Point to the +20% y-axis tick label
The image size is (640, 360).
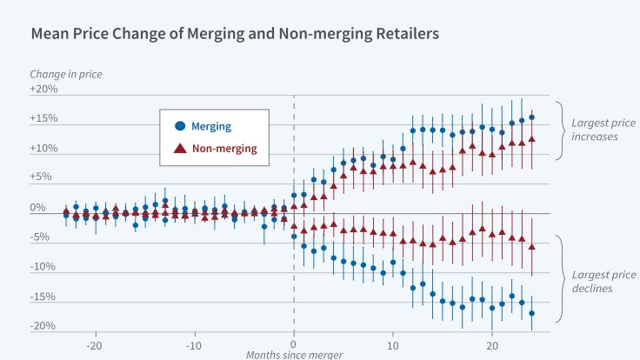(x=43, y=90)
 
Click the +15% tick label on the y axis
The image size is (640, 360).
(x=43, y=119)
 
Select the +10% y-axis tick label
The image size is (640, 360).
(x=43, y=149)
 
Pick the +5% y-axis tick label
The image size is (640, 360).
(x=43, y=178)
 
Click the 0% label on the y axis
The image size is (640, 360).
(x=38, y=208)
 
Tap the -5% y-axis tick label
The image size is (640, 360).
(x=39, y=237)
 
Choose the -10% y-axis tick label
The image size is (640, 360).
(x=43, y=267)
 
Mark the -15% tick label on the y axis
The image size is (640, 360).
(x=43, y=297)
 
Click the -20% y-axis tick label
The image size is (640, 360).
(x=43, y=326)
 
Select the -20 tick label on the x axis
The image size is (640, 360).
(x=95, y=342)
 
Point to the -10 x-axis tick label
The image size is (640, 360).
(x=194, y=342)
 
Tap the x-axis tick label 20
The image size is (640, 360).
(x=492, y=342)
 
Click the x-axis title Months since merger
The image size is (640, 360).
(x=293, y=354)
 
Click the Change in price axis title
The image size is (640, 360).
(x=66, y=74)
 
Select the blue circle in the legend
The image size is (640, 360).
(x=179, y=126)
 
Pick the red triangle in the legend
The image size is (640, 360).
(x=179, y=149)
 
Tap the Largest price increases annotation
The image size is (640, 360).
(x=595, y=130)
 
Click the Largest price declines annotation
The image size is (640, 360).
(x=595, y=281)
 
